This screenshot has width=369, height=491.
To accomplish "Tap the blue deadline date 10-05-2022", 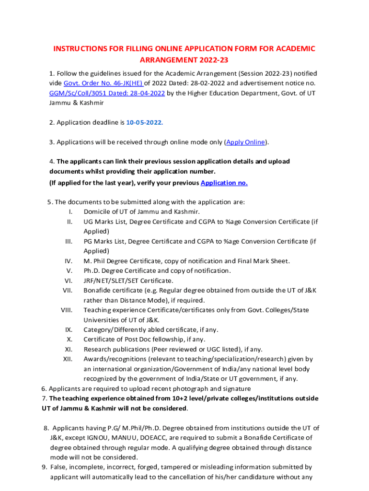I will coord(144,122).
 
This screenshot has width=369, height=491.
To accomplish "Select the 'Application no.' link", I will coord(224,183).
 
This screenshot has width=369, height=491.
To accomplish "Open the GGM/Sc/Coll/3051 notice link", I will coord(107,93).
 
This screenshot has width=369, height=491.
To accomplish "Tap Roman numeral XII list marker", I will coord(68,359).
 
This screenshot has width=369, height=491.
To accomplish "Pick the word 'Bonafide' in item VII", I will coord(96,291).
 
